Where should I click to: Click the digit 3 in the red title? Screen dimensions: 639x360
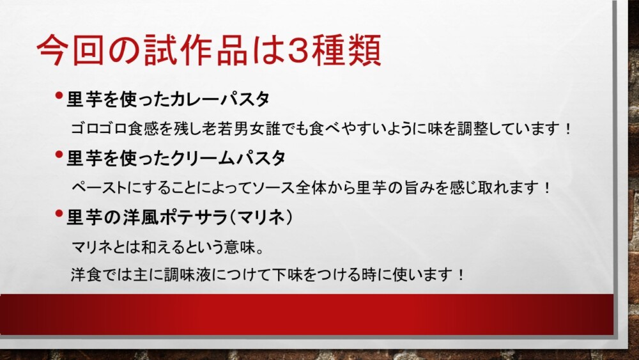pos(298,50)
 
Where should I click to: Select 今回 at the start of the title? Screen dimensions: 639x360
pos(70,50)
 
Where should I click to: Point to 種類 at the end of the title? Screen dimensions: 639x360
pos(348,50)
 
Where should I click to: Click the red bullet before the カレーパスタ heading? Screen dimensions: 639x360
pos(59,95)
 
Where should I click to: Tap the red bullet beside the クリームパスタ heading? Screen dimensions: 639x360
pos(59,154)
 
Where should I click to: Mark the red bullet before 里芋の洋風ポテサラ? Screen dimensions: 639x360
pos(59,213)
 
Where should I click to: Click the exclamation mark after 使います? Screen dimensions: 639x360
pos(461,274)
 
